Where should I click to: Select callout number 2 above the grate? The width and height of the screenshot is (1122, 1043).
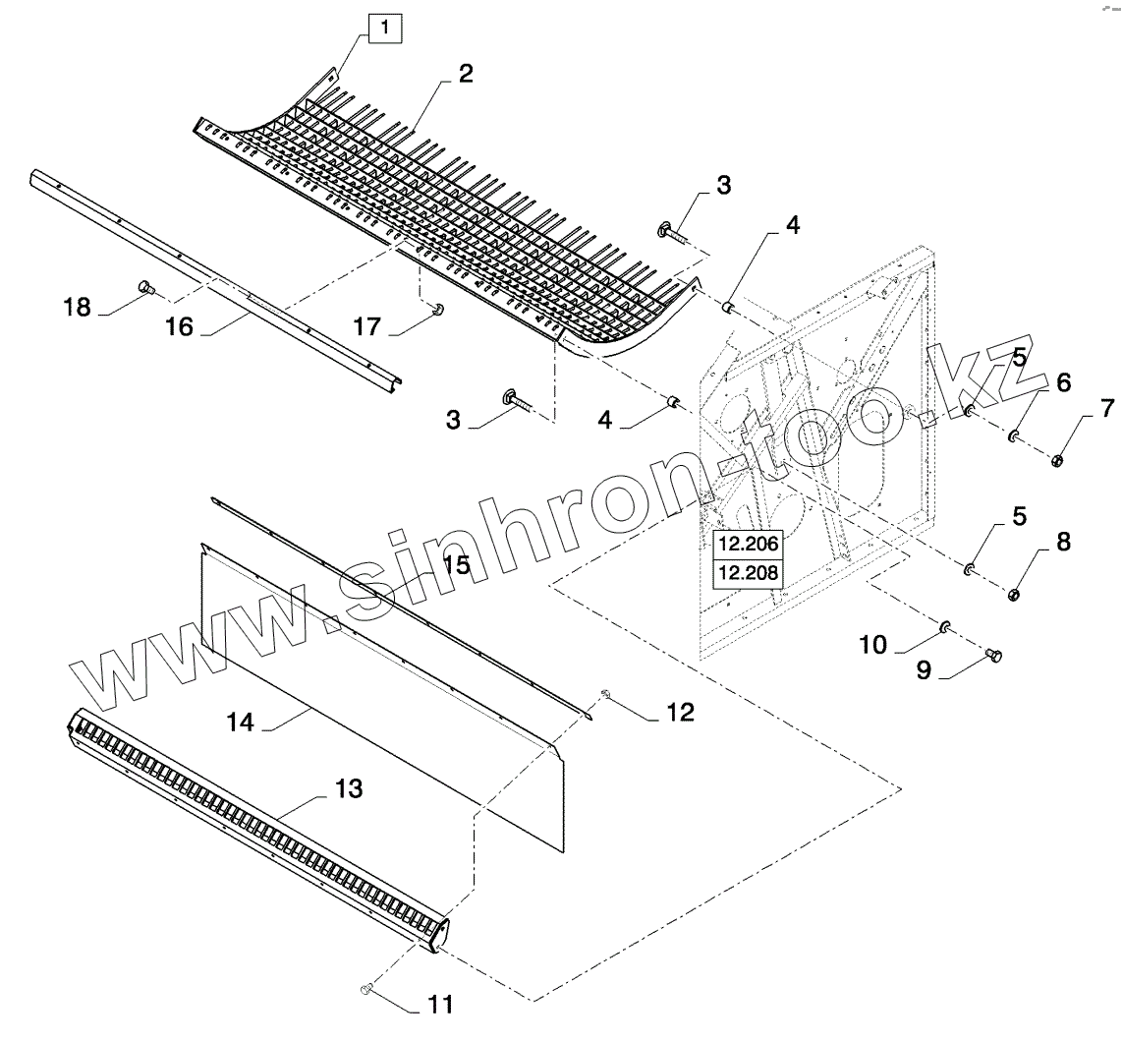pyautogui.click(x=465, y=74)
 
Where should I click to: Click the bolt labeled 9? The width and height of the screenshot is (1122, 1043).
pyautogui.click(x=993, y=655)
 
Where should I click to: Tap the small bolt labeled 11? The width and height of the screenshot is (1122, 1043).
pyautogui.click(x=367, y=988)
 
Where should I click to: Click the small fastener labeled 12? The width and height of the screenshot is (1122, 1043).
pyautogui.click(x=605, y=697)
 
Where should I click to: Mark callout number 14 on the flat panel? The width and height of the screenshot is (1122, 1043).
pyautogui.click(x=240, y=723)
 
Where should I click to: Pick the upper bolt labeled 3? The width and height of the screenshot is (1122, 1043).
pyautogui.click(x=670, y=231)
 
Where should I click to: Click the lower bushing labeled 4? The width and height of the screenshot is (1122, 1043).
pyautogui.click(x=673, y=403)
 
